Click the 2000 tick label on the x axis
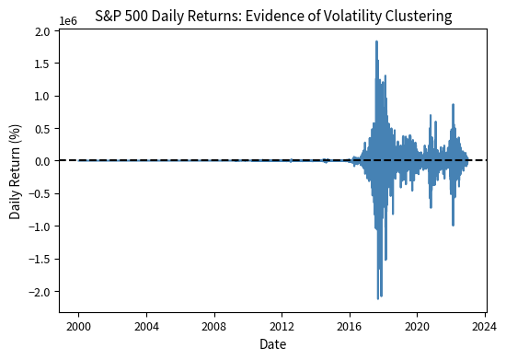[x=78, y=327]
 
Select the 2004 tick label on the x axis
[x=146, y=327]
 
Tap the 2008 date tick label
[x=214, y=327]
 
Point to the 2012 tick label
[x=282, y=327]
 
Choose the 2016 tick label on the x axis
[x=350, y=327]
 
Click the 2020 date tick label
[x=418, y=327]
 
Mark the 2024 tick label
[x=486, y=327]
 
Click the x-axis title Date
[x=272, y=345]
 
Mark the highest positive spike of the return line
[x=376, y=41]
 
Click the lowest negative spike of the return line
[x=378, y=298]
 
